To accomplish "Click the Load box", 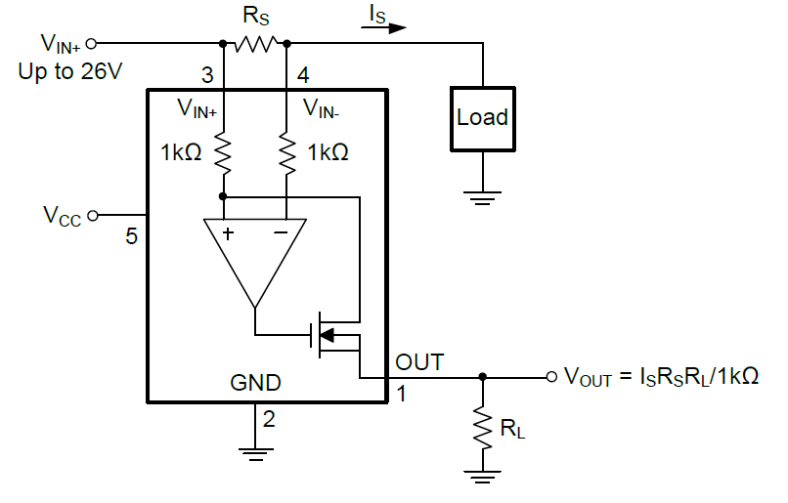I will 482,118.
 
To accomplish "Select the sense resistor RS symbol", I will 254,43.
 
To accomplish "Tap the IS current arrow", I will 383,26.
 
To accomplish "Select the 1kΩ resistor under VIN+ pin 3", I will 224,153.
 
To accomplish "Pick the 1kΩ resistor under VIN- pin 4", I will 286,153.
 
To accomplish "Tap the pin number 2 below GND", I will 269,421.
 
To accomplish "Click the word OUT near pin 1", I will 419,362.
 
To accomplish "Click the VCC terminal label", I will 62,215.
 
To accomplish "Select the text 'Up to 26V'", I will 69,73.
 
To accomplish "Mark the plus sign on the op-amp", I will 228,234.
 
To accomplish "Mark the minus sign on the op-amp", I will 281,234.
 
